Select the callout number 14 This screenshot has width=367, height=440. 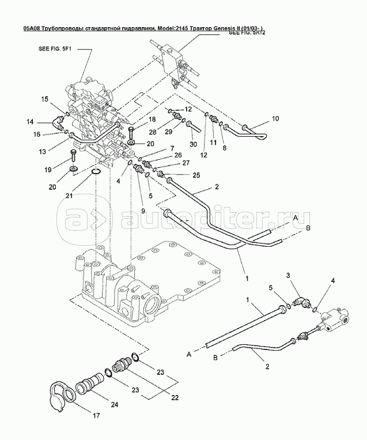click(30, 122)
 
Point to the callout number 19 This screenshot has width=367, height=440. click(49, 170)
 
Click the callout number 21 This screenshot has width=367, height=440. click(70, 195)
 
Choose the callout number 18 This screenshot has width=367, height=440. click(152, 119)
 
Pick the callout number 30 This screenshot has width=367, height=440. click(193, 145)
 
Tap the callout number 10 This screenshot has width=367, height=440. click(275, 119)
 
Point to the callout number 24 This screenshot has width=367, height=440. click(115, 404)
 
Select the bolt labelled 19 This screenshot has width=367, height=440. click(74, 153)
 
